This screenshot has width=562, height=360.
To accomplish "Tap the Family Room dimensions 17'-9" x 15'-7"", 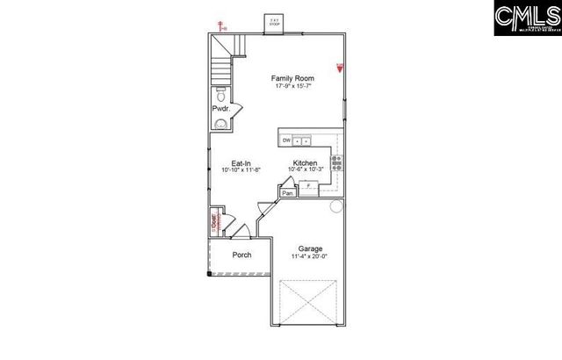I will [x=292, y=87].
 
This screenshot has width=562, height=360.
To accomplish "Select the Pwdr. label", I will [x=220, y=110].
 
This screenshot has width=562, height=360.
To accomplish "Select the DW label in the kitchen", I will [x=286, y=140].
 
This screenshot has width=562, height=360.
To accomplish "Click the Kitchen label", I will [x=305, y=162].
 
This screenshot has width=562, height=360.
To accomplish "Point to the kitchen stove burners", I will [x=335, y=162].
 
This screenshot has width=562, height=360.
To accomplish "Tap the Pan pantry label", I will [x=287, y=193].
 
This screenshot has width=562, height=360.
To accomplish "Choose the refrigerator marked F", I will [x=308, y=187].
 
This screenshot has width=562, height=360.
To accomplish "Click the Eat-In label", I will [x=242, y=162].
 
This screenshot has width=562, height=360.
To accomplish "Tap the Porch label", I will [x=241, y=256].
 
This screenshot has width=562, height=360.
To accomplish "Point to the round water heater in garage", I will [x=335, y=207].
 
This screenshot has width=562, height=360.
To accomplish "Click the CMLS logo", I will [x=524, y=19].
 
